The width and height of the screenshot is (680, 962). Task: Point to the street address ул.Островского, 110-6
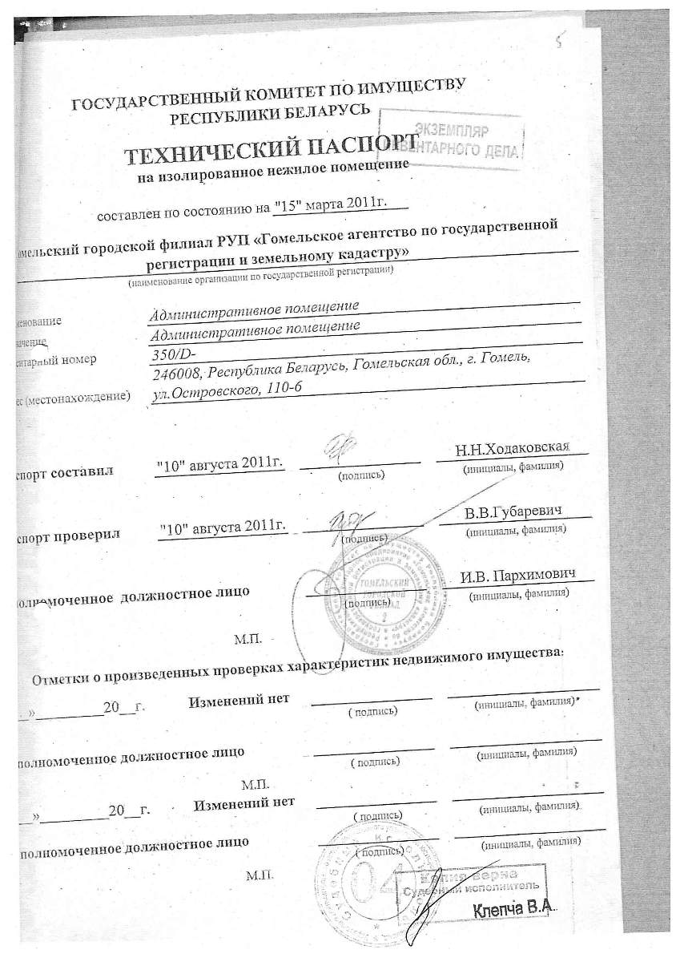coord(226,390)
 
